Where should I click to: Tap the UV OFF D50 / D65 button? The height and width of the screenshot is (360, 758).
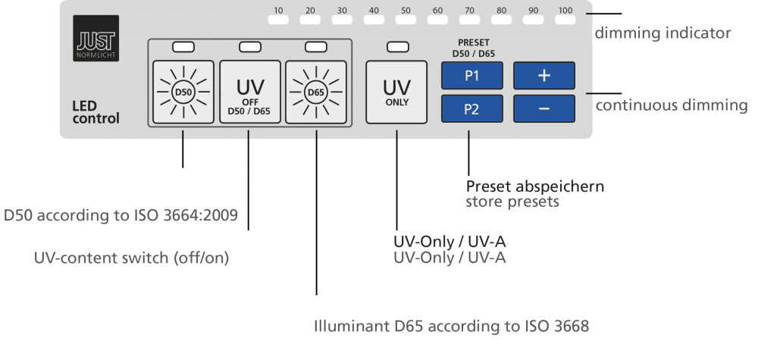[250, 92]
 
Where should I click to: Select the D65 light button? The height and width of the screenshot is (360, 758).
[315, 92]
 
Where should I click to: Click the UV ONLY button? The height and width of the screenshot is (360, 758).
[396, 92]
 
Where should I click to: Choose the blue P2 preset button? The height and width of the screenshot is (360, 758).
[471, 108]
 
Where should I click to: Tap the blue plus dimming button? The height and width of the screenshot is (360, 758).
[544, 76]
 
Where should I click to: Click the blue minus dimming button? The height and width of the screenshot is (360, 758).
[544, 108]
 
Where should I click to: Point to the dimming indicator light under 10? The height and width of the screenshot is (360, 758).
[279, 21]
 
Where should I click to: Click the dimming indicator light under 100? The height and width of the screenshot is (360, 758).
[565, 21]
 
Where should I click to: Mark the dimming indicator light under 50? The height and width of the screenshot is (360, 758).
[406, 21]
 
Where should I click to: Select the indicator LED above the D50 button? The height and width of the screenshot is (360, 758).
[183, 47]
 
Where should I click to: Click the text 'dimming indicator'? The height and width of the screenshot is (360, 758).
[662, 33]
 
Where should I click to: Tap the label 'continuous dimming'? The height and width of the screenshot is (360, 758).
[672, 105]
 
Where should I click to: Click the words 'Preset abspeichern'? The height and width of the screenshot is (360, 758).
[534, 186]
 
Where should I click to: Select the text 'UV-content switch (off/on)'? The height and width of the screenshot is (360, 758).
[131, 258]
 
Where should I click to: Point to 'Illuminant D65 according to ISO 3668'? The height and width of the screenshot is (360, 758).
[451, 327]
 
